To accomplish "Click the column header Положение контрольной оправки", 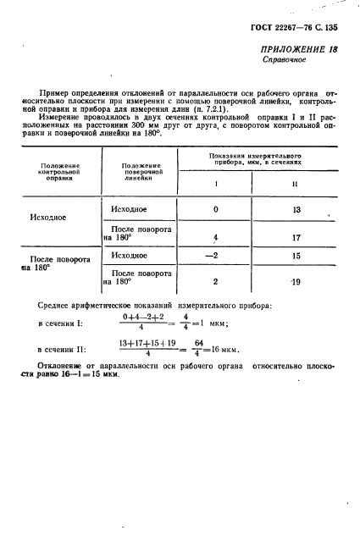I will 59,172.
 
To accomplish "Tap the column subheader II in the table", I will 294,183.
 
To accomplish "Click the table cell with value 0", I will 216,209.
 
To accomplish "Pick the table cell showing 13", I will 295,209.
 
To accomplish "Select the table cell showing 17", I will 295,238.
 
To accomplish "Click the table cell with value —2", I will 216,255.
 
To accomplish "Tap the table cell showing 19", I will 295,283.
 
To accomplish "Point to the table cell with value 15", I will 295,255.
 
